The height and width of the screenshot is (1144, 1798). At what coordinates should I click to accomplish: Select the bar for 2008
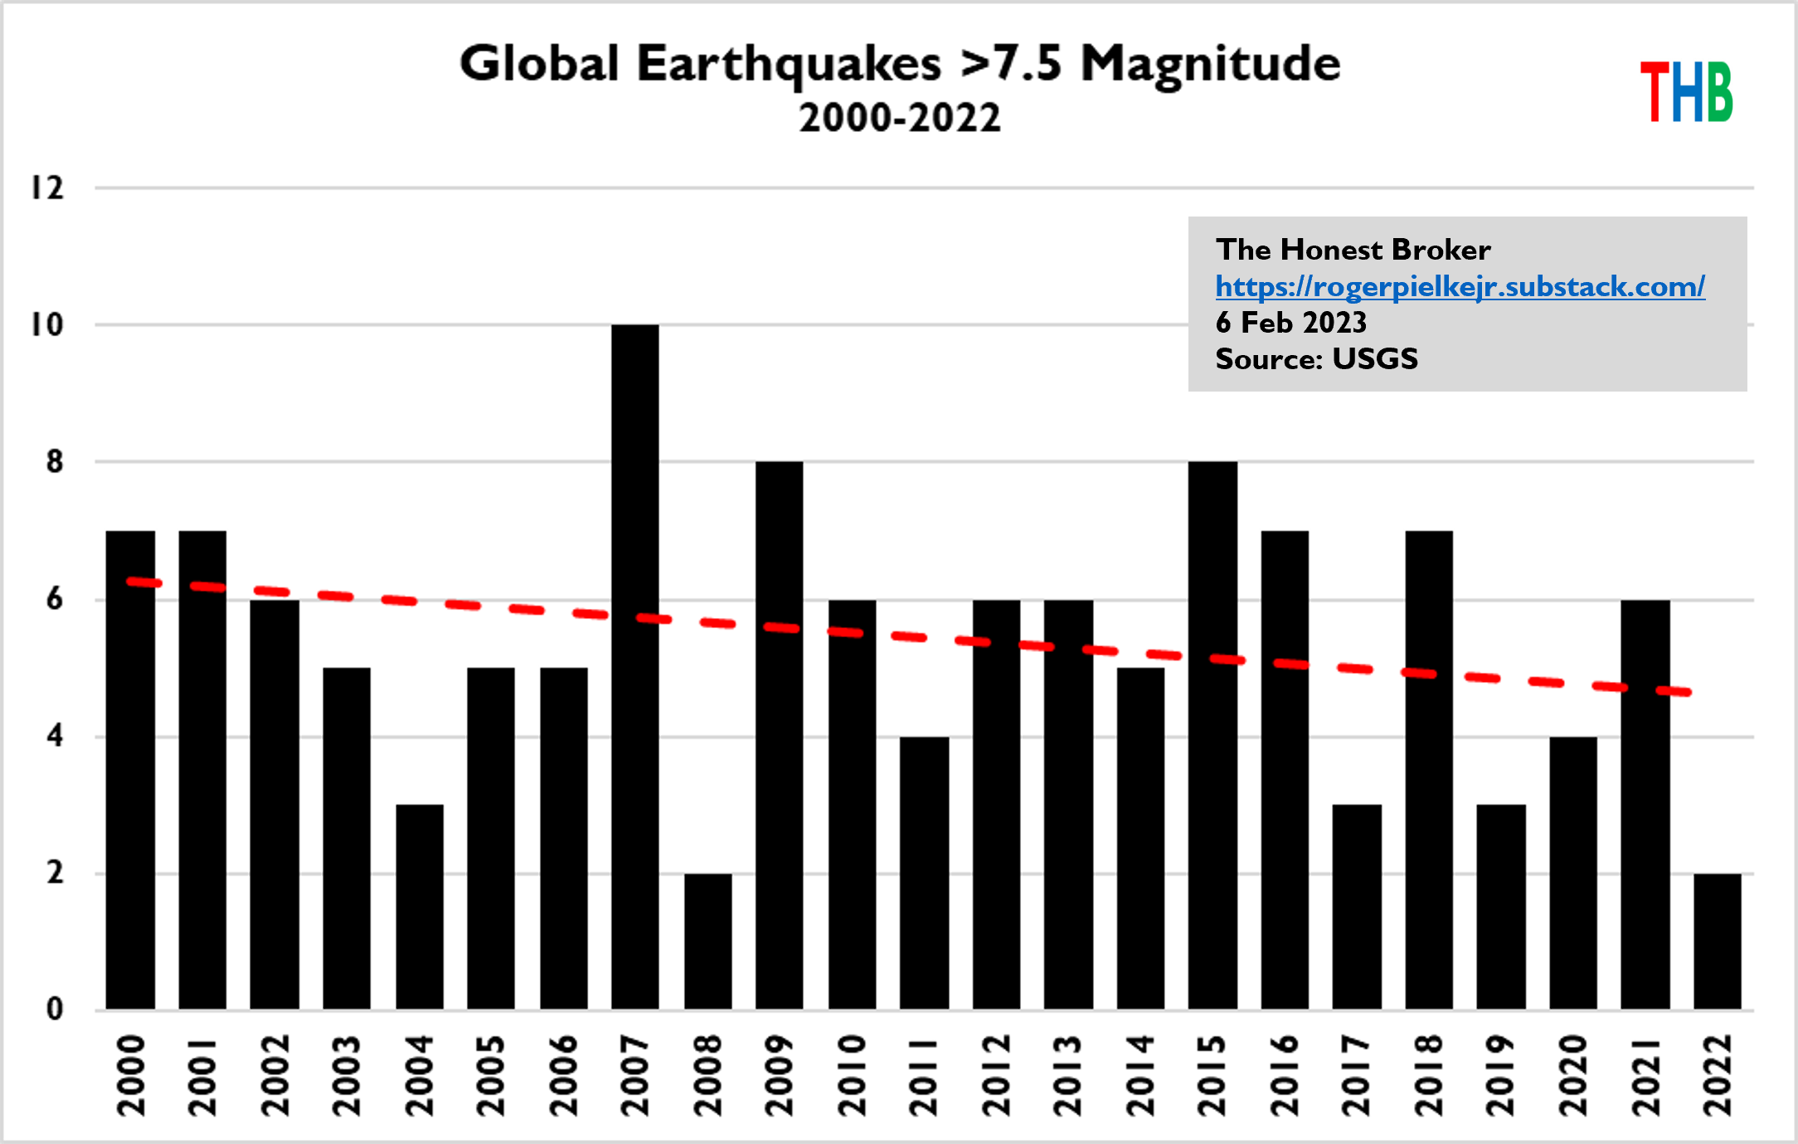708,941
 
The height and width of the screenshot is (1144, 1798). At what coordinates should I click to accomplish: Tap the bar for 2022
1718,941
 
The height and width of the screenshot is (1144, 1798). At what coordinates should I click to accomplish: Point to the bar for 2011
924,872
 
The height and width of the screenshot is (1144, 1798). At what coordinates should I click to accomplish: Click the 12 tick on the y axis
47,188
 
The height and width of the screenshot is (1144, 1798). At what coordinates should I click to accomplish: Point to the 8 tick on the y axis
55,462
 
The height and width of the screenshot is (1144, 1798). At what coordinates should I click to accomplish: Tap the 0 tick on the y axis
55,1010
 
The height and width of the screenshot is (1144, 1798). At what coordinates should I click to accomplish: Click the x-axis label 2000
131,1075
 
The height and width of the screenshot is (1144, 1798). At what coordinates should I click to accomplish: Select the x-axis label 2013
1067,1075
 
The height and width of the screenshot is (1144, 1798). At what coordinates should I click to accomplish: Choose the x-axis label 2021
1645,1075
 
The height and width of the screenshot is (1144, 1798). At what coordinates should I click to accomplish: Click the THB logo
1686,92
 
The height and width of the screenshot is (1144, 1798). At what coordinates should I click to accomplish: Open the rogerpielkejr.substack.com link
1460,286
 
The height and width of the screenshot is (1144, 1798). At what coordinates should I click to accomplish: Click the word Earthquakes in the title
789,64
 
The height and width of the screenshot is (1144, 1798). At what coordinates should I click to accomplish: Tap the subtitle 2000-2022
900,118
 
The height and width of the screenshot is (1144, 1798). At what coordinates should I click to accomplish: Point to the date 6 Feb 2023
1290,323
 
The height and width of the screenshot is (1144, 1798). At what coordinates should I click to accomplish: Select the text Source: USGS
1316,359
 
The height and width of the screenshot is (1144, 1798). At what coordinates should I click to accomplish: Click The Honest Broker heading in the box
1353,250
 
